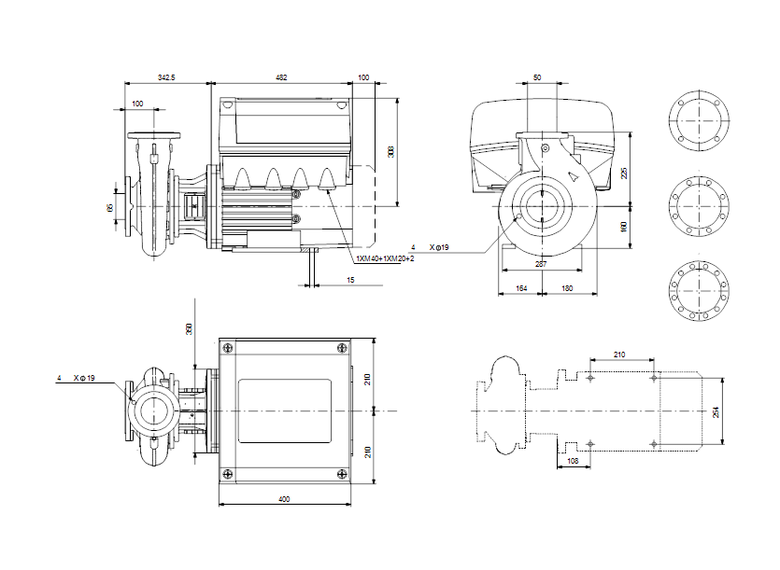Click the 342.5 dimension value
tap(167, 77)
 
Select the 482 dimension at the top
tap(282, 77)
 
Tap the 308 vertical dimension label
tap(391, 152)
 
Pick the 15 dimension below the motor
tap(349, 280)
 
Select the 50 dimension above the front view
tap(537, 77)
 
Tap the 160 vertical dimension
tap(625, 227)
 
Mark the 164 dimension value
tap(520, 289)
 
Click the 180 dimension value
tap(567, 289)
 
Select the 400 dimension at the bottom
tap(284, 500)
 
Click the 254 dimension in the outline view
tap(716, 411)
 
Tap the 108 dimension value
tap(574, 461)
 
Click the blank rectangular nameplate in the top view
tap(284, 411)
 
